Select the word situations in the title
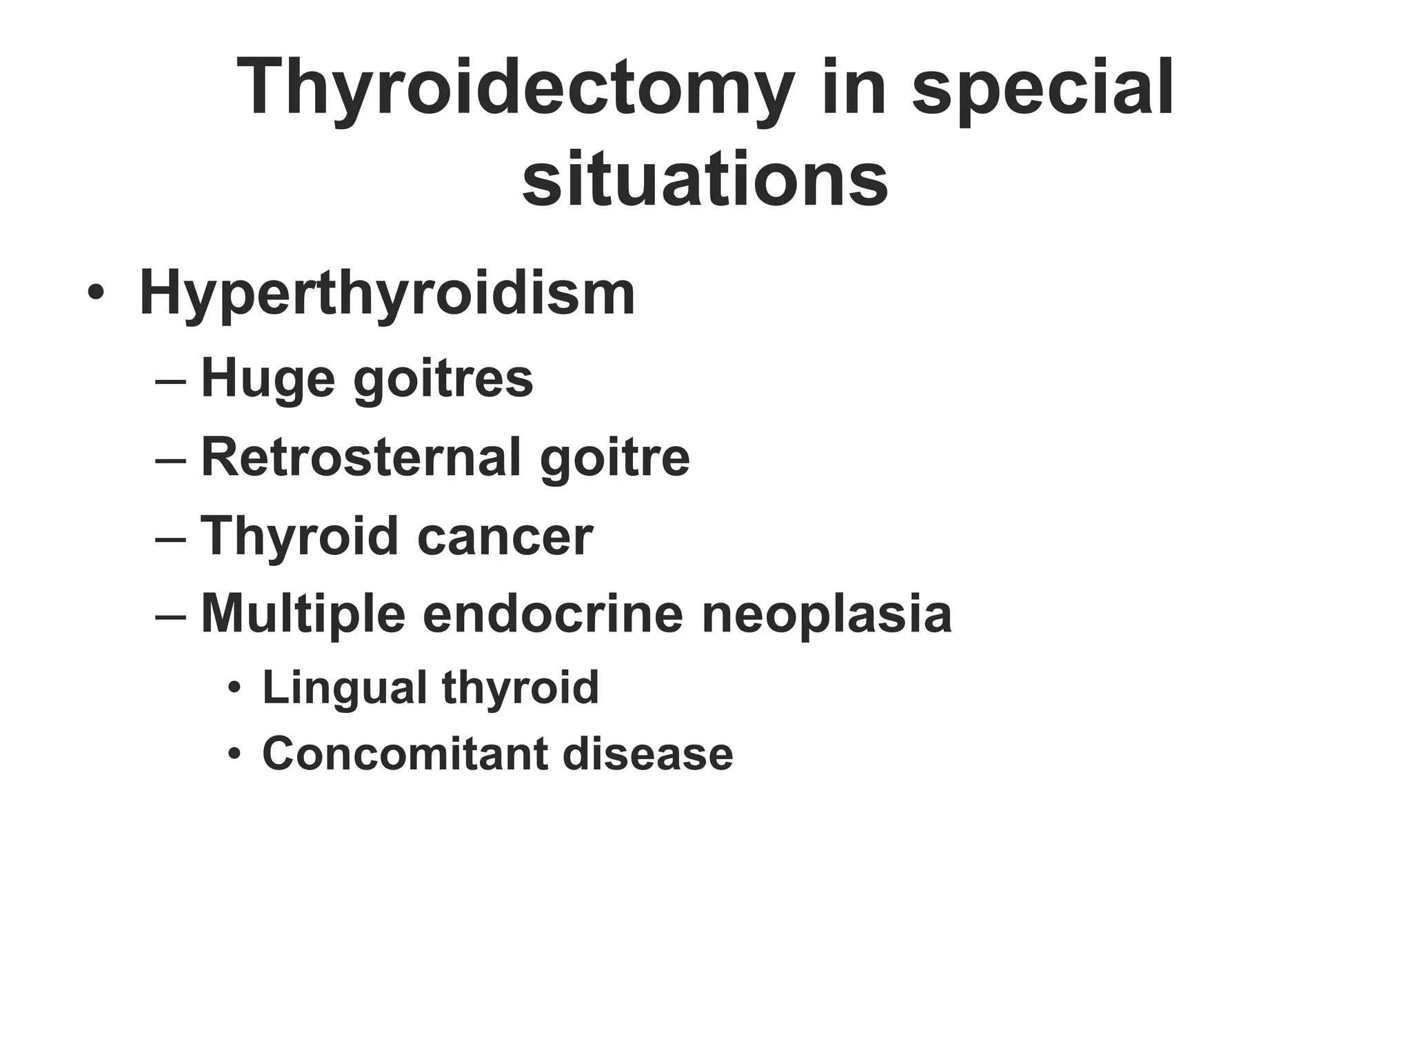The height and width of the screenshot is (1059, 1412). (705, 180)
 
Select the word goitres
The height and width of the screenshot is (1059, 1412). (443, 379)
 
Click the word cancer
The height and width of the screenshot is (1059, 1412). (505, 536)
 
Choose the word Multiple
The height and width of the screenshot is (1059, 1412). (303, 614)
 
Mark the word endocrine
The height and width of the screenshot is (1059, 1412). (552, 614)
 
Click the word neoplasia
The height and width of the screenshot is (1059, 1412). (827, 614)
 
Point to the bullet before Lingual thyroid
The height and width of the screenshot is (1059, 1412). (235, 688)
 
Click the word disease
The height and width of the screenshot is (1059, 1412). (648, 754)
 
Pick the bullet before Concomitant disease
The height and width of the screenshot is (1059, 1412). (235, 754)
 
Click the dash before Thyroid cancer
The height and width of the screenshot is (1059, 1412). (171, 537)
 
